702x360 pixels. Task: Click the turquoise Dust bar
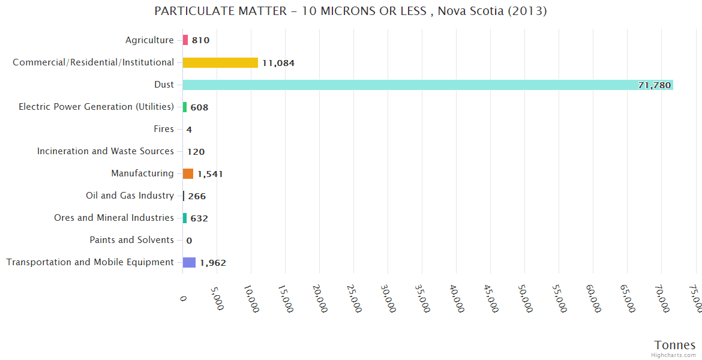427,85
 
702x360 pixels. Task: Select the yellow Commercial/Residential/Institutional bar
220,62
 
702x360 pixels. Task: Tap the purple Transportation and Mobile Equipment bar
189,262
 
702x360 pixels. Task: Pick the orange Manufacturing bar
188,173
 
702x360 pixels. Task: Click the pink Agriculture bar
185,40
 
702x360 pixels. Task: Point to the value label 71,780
654,85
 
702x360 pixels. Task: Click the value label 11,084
278,63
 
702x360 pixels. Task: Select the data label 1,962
213,263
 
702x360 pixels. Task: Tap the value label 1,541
210,174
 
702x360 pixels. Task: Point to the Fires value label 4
189,130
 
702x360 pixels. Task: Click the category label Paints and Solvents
131,240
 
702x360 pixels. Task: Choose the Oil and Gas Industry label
130,196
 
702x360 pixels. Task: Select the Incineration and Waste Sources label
106,151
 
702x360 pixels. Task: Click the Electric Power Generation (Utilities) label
96,107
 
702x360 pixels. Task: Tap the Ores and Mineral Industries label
114,218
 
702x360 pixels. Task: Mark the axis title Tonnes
675,345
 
